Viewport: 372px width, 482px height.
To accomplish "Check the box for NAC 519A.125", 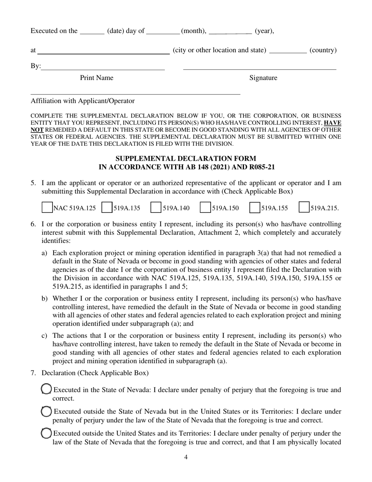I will point(47,208).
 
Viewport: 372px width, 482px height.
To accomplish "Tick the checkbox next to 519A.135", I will point(107,208).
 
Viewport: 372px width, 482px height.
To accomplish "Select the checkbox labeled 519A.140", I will point(156,208).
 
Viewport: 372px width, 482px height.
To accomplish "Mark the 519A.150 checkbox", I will point(206,208).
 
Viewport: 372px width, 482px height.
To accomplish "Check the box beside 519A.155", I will point(255,208).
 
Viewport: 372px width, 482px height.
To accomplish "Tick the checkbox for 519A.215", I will point(304,208).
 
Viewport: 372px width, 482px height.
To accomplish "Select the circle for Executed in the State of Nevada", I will point(46,389).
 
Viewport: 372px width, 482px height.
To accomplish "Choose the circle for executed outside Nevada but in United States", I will point(46,411).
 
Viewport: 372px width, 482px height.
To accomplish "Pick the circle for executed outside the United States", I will point(46,433).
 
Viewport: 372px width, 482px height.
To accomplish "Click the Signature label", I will point(263,78).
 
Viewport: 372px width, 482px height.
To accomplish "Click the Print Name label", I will point(96,78).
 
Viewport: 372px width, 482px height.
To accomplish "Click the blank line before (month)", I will point(163,31).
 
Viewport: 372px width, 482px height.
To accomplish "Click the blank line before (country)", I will point(288,50).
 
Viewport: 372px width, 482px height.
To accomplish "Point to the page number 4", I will point(186,457).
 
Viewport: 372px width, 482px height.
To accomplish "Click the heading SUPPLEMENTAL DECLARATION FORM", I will point(186,159).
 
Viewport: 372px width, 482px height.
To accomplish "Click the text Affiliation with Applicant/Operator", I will point(83,101).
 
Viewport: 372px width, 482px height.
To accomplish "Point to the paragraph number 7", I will point(33,373).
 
